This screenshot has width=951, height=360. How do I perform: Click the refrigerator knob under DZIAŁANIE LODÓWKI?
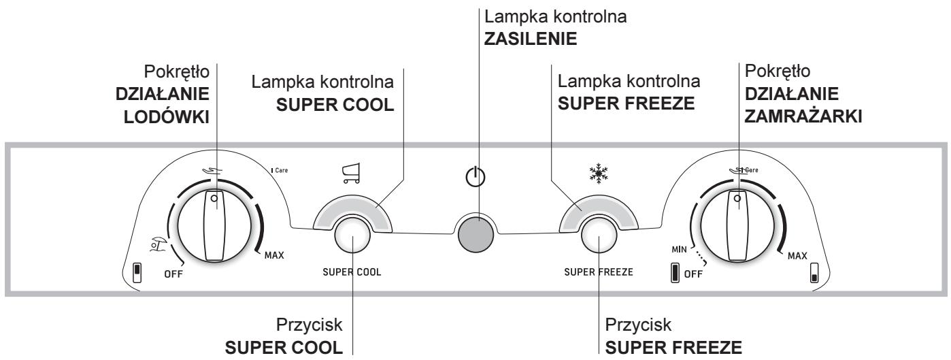click(x=214, y=226)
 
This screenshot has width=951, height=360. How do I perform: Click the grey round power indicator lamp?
click(x=476, y=233)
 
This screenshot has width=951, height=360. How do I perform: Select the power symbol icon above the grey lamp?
click(x=475, y=176)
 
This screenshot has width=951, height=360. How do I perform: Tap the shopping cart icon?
click(x=351, y=173)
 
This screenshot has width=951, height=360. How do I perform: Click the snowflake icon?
click(x=599, y=174)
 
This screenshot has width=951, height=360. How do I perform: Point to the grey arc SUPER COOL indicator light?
click(x=352, y=212)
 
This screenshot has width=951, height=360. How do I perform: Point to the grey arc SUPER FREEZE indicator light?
click(x=599, y=212)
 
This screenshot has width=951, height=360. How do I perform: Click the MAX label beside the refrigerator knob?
click(x=274, y=255)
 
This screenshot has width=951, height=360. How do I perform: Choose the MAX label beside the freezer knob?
click(x=797, y=256)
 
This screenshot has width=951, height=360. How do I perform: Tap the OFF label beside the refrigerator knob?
click(x=173, y=274)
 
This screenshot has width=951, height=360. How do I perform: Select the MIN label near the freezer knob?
click(x=679, y=249)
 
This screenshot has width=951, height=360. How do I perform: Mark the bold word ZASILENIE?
click(x=531, y=39)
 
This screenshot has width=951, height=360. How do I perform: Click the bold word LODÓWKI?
click(x=167, y=117)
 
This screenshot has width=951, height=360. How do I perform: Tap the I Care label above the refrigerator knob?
click(x=280, y=170)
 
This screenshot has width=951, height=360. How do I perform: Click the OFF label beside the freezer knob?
click(x=693, y=274)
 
